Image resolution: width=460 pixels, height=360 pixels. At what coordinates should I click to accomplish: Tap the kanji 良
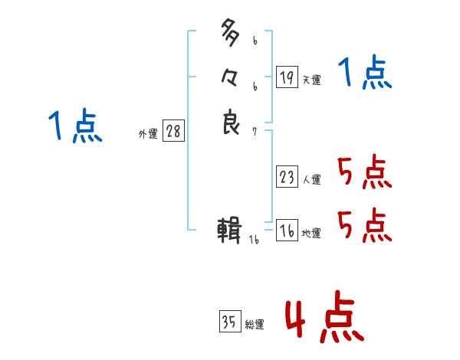pyautogui.click(x=231, y=123)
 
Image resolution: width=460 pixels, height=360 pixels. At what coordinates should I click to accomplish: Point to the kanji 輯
pyautogui.click(x=230, y=231)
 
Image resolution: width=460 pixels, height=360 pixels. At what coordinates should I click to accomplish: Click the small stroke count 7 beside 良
pyautogui.click(x=255, y=131)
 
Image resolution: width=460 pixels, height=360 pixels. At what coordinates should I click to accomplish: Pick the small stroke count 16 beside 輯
pyautogui.click(x=255, y=240)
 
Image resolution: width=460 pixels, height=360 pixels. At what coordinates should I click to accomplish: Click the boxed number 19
pyautogui.click(x=287, y=77)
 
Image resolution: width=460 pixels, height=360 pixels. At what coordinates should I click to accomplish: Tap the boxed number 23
pyautogui.click(x=287, y=178)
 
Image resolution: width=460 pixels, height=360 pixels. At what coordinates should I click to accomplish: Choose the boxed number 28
pyautogui.click(x=173, y=131)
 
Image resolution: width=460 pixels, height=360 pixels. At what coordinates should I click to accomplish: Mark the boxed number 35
pyautogui.click(x=229, y=322)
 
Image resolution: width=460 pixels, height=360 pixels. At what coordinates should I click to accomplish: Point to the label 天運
pyautogui.click(x=311, y=80)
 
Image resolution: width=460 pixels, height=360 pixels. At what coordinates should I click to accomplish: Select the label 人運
pyautogui.click(x=311, y=180)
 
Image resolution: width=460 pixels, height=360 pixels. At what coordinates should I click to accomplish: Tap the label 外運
pyautogui.click(x=148, y=133)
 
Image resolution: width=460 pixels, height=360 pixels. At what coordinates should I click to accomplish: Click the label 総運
pyautogui.click(x=255, y=324)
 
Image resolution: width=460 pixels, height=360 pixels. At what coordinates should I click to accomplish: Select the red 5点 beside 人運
pyautogui.click(x=365, y=173)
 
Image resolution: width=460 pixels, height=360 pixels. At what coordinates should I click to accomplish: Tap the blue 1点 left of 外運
pyautogui.click(x=74, y=126)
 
